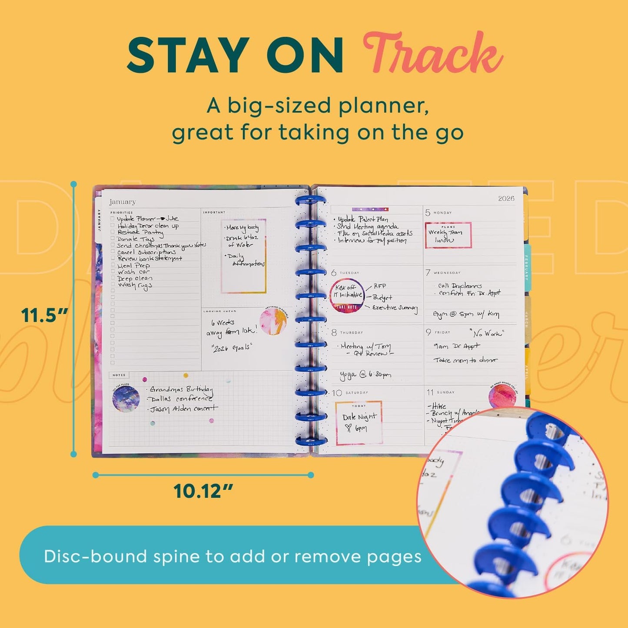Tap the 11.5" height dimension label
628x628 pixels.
pyautogui.click(x=45, y=315)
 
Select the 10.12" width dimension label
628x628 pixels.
pyautogui.click(x=203, y=492)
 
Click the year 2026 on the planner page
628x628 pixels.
pyautogui.click(x=506, y=199)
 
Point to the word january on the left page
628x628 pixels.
pyautogui.click(x=123, y=202)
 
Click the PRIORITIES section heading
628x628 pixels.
pyautogui.click(x=122, y=213)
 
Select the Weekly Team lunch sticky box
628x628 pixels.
pyautogui.click(x=448, y=235)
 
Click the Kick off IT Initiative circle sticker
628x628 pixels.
pyautogui.click(x=347, y=295)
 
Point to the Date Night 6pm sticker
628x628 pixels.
pyautogui.click(x=359, y=422)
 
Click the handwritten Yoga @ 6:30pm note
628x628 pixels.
pyautogui.click(x=366, y=374)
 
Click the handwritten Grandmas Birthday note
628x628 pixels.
pyautogui.click(x=181, y=389)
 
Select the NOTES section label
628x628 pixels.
pyautogui.click(x=119, y=375)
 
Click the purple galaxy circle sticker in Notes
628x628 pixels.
pyautogui.click(x=126, y=399)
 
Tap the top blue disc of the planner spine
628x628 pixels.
pyautogui.click(x=311, y=202)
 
